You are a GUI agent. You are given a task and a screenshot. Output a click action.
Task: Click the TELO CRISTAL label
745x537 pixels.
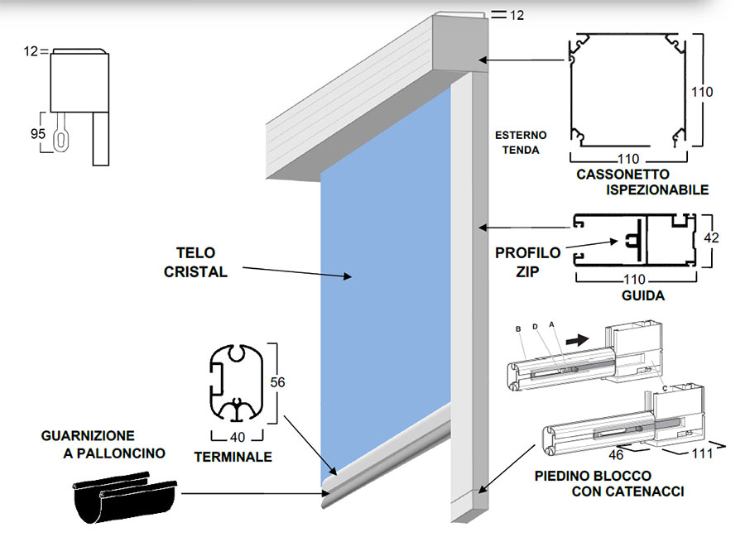(x=201, y=261)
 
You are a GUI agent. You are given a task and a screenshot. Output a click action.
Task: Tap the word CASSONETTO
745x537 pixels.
(x=615, y=175)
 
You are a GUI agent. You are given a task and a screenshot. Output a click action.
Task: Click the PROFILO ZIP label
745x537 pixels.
(x=527, y=261)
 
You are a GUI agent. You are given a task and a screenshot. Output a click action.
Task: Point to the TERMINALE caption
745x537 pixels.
(x=233, y=456)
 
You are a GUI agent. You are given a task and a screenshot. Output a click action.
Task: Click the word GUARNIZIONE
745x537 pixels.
(x=86, y=435)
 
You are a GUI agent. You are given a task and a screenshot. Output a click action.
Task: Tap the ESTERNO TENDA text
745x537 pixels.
(x=517, y=142)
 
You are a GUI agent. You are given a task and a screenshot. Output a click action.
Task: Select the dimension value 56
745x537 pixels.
(x=279, y=382)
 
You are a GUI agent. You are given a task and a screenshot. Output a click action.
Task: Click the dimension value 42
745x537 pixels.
(x=710, y=238)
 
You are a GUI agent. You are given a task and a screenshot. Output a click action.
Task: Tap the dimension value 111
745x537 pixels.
(x=677, y=454)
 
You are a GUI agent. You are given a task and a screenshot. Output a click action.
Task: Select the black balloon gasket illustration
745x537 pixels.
(x=124, y=495)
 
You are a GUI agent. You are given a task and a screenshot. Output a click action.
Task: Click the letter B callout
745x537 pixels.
(x=518, y=328)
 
